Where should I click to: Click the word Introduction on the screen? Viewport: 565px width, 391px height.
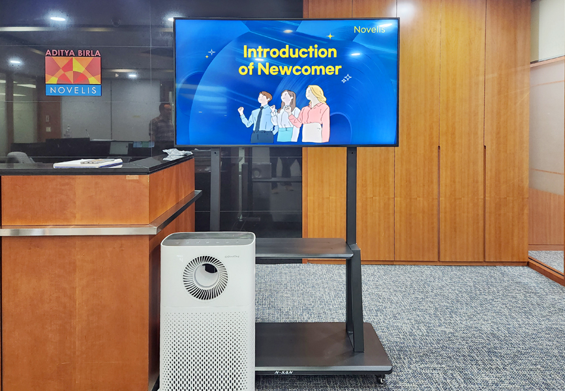coord(290,52)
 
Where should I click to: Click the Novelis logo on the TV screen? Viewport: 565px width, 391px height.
coord(369,29)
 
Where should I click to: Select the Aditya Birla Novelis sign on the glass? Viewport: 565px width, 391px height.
coord(73,72)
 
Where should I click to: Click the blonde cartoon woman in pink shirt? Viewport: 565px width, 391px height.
coord(313,114)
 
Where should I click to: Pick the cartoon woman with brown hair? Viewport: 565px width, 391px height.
coord(287,116)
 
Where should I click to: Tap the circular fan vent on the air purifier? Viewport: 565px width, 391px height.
coord(205,278)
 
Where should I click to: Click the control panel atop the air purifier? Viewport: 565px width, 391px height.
coord(208,238)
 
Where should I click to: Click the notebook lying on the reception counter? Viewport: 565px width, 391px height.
coord(88,163)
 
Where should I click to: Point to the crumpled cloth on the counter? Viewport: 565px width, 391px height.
coord(176,154)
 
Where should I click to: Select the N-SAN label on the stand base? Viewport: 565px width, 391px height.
coord(284,372)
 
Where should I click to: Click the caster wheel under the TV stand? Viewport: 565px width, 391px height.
coord(380,379)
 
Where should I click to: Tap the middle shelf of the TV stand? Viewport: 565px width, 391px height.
coord(303,248)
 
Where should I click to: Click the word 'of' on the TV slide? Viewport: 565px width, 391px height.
coord(246,69)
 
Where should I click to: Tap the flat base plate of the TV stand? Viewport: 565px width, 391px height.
coord(322,347)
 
